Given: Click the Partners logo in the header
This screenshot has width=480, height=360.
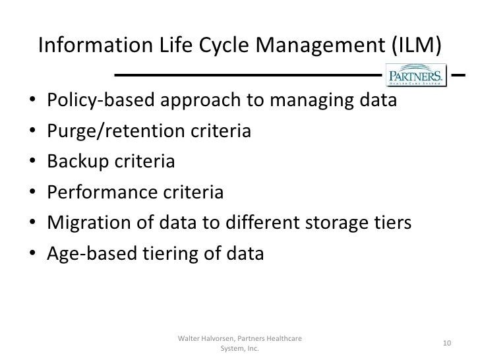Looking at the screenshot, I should pyautogui.click(x=415, y=74).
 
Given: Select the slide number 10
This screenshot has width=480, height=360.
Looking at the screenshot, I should pyautogui.click(x=446, y=343).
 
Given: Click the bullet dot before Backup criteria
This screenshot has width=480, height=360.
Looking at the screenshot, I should pyautogui.click(x=32, y=163).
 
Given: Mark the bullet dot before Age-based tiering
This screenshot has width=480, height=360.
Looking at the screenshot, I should pyautogui.click(x=32, y=254).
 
